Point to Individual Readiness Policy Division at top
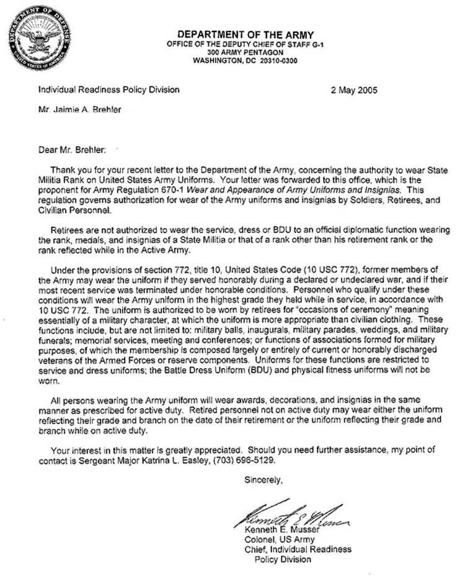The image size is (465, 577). (109, 90)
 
